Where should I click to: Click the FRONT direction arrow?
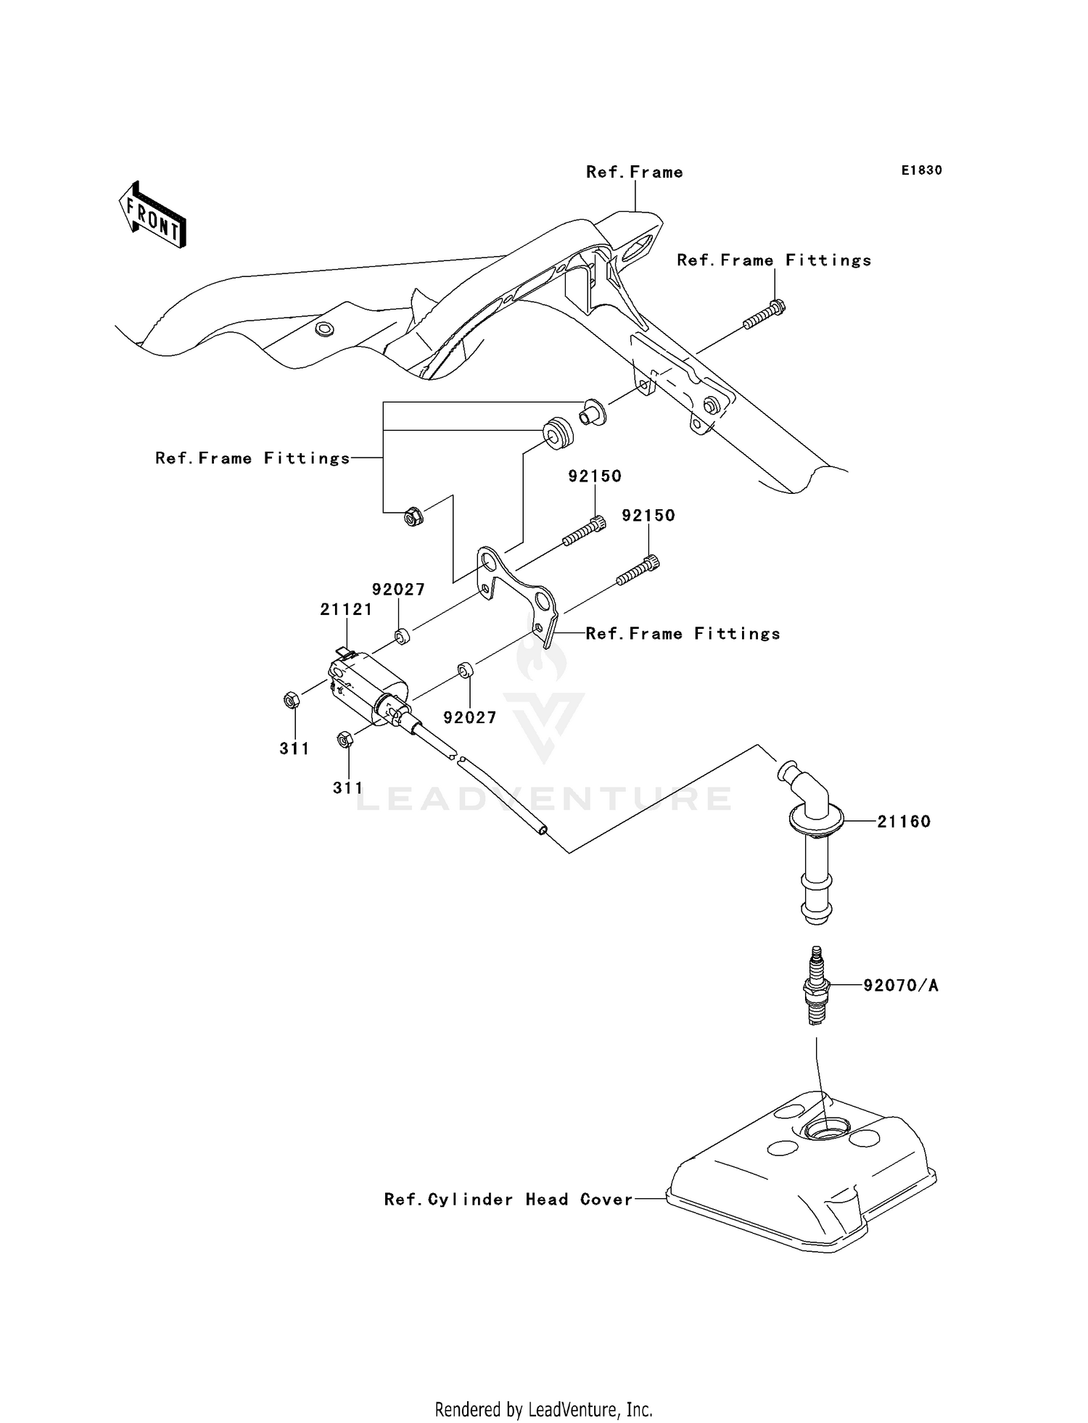pos(153,215)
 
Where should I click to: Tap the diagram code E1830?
pos(921,170)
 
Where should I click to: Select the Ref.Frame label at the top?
pos(634,172)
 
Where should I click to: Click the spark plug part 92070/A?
pos(817,986)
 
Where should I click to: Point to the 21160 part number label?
pos(903,822)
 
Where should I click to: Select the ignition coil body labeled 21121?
pos(370,685)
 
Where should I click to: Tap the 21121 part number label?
pos(346,610)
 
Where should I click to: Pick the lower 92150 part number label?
pos(648,516)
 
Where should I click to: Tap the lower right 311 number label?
pos(347,788)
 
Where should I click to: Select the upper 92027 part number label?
pos(398,590)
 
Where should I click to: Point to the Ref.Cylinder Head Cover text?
pos(508,1200)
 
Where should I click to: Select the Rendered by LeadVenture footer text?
pos(543,1409)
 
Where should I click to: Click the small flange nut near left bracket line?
pos(413,517)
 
